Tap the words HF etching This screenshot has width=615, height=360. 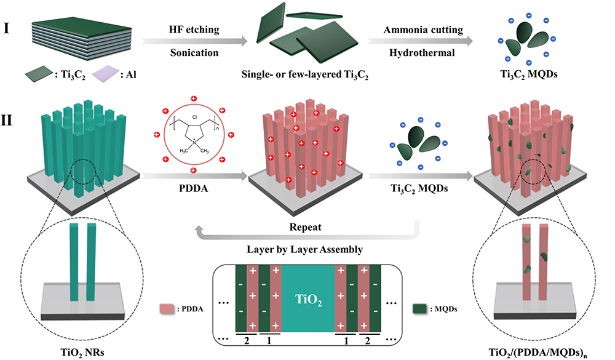[x=194, y=31]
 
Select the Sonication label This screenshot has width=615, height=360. [x=194, y=52]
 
